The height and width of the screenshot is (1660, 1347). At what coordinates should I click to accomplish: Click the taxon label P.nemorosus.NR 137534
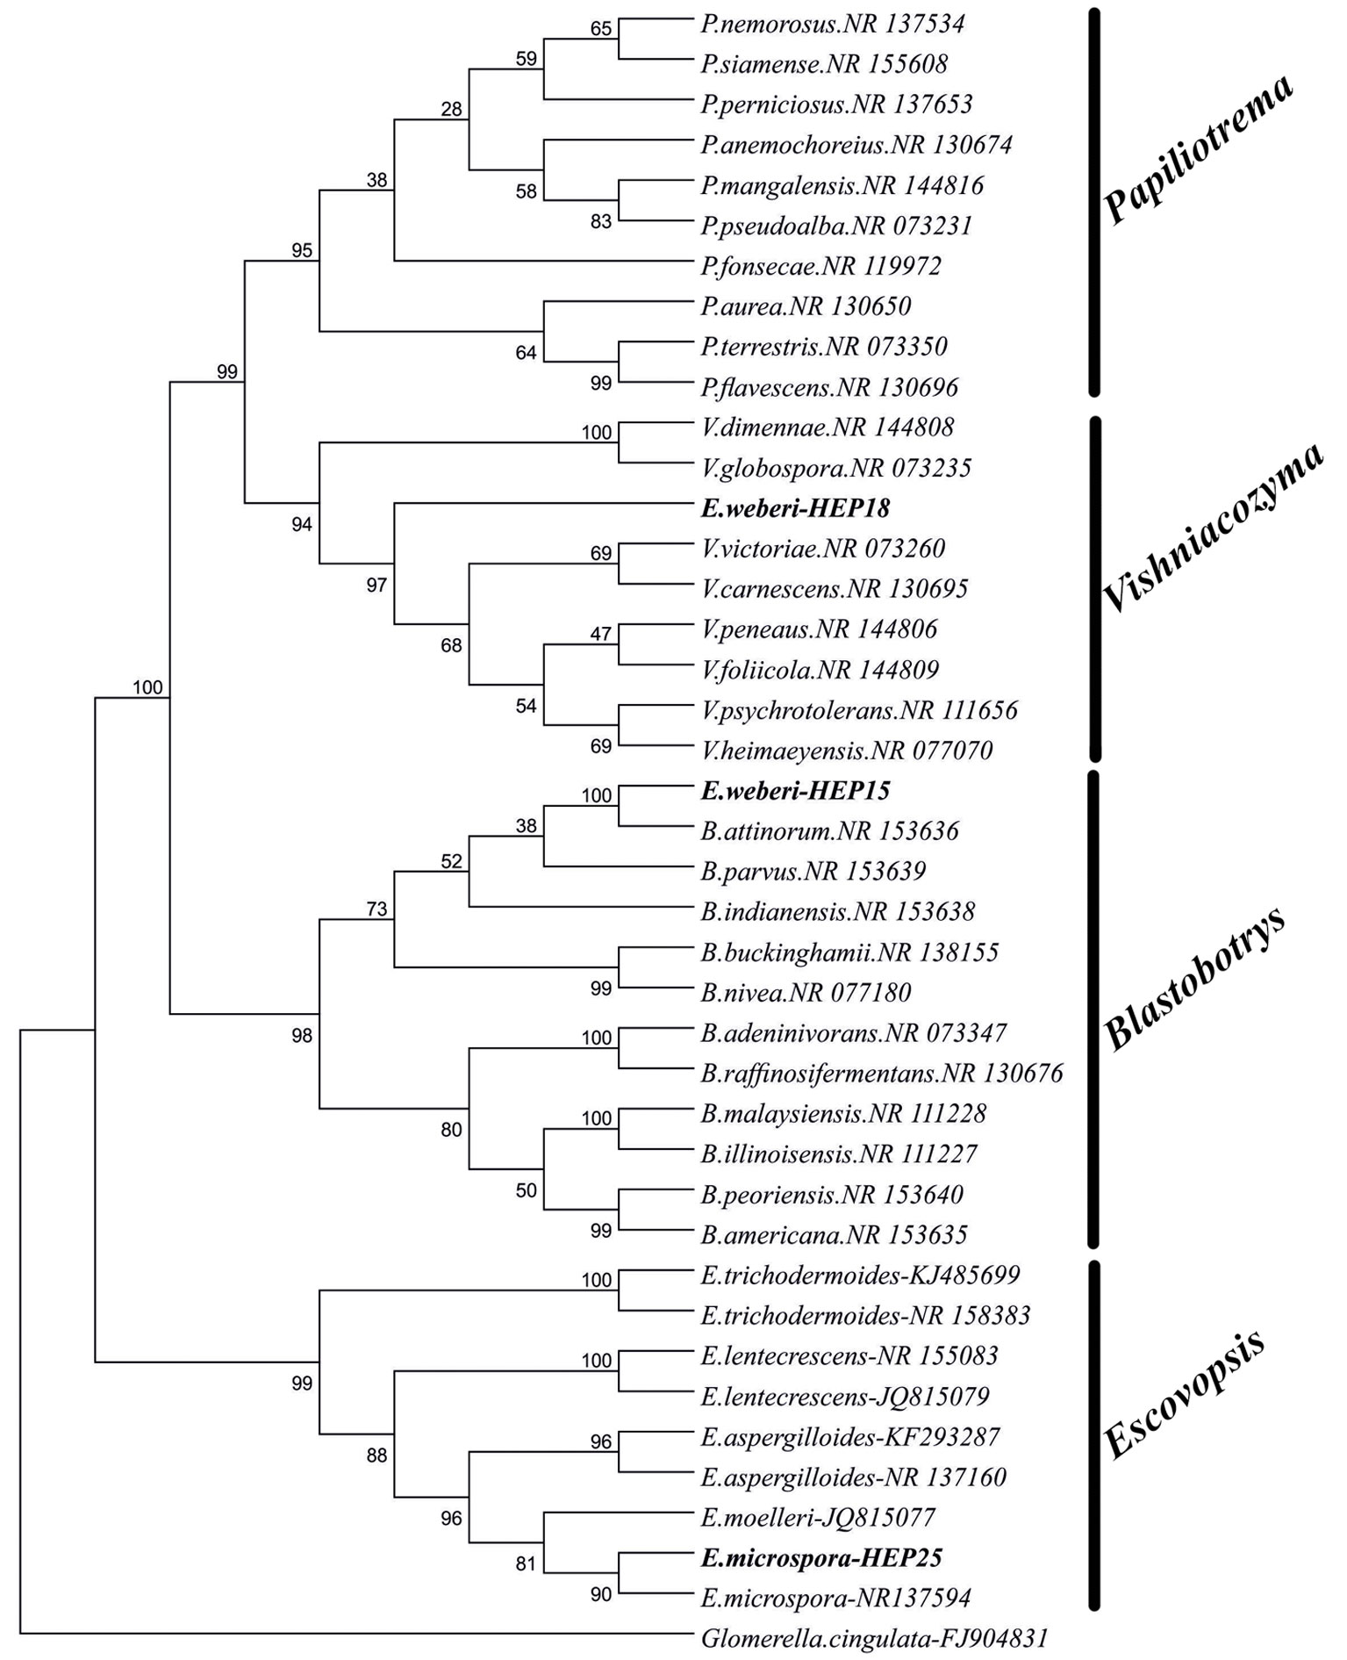click(x=832, y=24)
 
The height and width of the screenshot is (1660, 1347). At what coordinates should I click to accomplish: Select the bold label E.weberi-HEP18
click(x=795, y=508)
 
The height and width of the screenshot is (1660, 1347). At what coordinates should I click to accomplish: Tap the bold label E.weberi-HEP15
click(x=795, y=791)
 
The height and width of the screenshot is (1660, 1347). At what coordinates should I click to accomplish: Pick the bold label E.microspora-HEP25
click(x=821, y=1558)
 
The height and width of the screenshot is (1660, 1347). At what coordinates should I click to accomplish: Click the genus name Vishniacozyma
click(x=1211, y=527)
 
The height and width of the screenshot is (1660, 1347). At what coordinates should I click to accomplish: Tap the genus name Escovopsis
click(x=1185, y=1396)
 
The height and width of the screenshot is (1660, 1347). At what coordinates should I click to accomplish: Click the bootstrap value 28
click(x=451, y=110)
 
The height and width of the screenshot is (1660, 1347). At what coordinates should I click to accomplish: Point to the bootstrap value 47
click(x=600, y=634)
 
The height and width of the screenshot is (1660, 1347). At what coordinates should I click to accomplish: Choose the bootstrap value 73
click(x=376, y=909)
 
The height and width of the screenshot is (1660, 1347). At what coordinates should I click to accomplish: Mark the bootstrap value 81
click(x=526, y=1563)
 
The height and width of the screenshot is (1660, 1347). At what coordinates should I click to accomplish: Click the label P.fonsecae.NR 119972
click(x=820, y=266)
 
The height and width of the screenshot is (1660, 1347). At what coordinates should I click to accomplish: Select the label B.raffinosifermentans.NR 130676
click(x=882, y=1074)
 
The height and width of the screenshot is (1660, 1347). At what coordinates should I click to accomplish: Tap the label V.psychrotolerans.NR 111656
click(x=859, y=710)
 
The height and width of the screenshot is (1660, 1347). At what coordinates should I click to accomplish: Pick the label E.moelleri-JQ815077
click(x=818, y=1518)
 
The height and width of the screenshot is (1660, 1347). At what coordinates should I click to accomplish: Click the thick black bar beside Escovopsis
click(x=1093, y=1435)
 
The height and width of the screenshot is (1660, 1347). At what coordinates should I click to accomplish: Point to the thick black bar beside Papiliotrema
click(x=1093, y=202)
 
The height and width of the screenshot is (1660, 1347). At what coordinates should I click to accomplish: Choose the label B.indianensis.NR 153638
click(x=837, y=912)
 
